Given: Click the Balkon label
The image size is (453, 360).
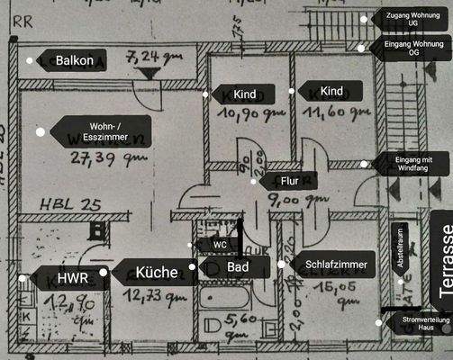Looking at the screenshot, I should tap(75, 60).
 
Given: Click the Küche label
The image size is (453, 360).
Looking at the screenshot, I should tap(157, 271).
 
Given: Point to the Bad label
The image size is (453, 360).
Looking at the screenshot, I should tap(238, 267).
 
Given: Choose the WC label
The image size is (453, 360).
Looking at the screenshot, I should tap(220, 244).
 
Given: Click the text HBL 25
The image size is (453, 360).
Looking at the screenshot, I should tap(70, 204).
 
